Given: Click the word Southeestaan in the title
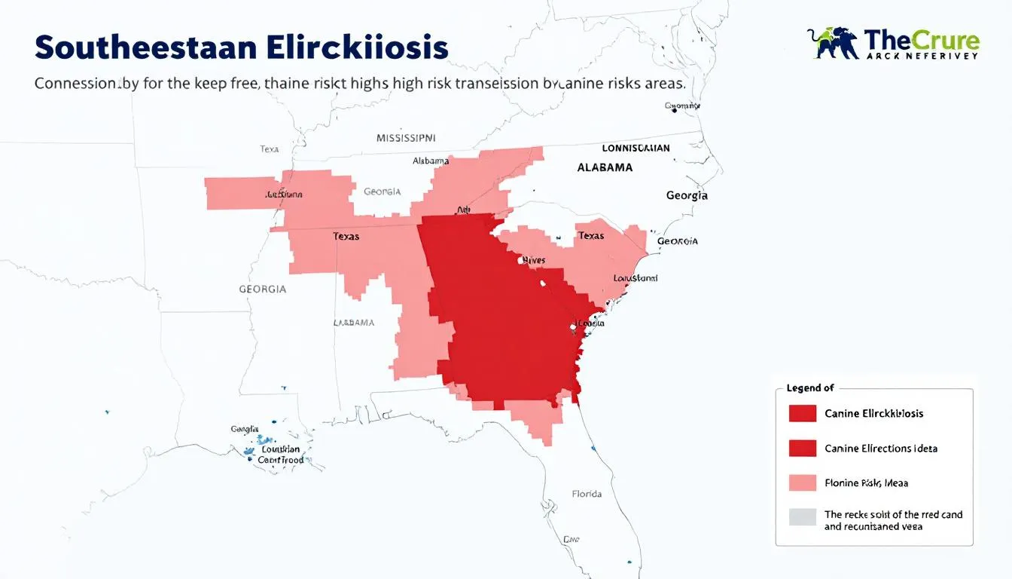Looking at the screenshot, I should click(145, 47).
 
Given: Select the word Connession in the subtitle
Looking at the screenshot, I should click(75, 84).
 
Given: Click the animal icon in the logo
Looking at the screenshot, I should click(833, 43).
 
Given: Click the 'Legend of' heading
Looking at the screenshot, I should click(810, 388).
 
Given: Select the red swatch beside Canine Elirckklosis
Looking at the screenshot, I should click(803, 413).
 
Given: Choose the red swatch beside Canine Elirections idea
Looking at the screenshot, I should click(803, 449).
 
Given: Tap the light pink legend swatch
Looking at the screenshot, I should click(803, 482).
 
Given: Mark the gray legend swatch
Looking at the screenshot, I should click(803, 517).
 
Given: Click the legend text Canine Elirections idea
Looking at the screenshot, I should click(881, 449).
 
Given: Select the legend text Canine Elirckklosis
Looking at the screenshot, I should click(874, 413).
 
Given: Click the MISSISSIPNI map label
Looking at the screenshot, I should click(406, 139).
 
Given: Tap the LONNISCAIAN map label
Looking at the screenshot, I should click(636, 149).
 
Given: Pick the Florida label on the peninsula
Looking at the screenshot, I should click(587, 495).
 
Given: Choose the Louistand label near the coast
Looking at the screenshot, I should click(636, 278).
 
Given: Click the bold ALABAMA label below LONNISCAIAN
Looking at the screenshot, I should click(605, 167).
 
